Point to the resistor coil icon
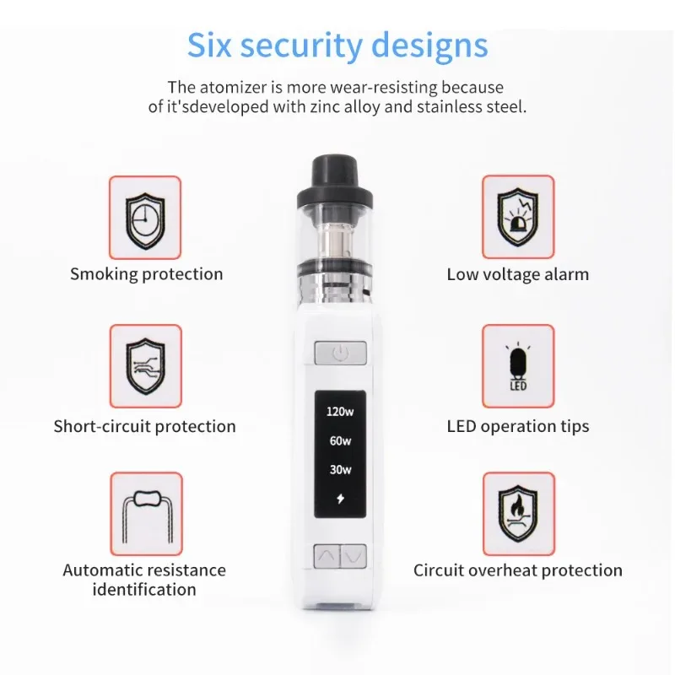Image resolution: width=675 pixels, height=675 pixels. pos(145,513)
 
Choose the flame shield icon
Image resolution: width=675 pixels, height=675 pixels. pos(517,513)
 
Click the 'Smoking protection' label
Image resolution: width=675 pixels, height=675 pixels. pos(146,274)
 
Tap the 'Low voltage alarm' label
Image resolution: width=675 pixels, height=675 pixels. pos(517,274)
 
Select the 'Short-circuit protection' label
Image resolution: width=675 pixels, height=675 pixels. pos(145,426)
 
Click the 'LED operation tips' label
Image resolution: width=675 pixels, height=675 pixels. pos(517,426)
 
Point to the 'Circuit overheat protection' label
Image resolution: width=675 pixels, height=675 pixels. pos(517,571)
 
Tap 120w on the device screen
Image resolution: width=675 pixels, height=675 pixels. pos(339,413)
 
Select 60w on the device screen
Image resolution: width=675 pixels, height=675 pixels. pos(339,441)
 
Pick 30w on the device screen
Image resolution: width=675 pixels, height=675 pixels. pos(339,470)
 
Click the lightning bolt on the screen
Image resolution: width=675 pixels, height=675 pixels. pos(339,499)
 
